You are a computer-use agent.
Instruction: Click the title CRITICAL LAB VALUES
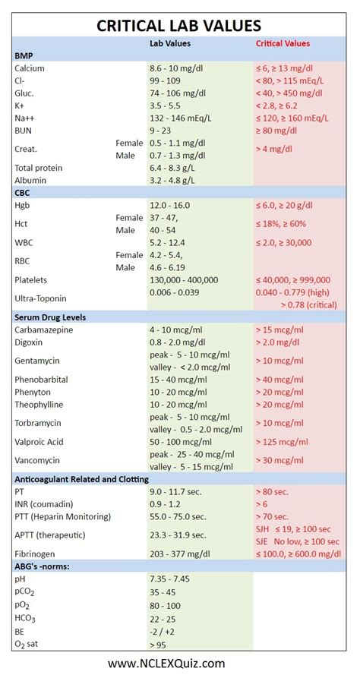tap(179, 26)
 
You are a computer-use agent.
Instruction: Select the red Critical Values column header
tap(283, 44)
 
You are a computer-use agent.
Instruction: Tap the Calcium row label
tap(30, 68)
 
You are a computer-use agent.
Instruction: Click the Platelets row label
tap(32, 279)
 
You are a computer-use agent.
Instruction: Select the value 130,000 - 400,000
tap(185, 279)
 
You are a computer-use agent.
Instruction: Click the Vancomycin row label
tap(37, 460)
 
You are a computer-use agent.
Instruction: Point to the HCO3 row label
tap(26, 618)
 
